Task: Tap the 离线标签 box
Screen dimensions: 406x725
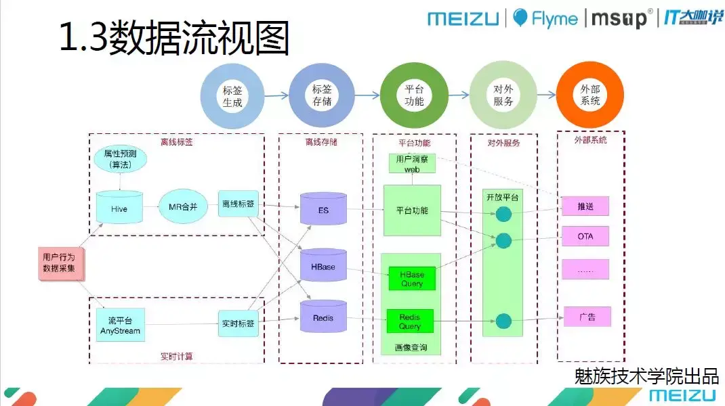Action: pyautogui.click(x=238, y=204)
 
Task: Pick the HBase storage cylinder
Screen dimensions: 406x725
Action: pyautogui.click(x=323, y=266)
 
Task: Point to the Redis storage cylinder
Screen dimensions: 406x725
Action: pyautogui.click(x=323, y=317)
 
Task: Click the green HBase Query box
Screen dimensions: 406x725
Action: pyautogui.click(x=411, y=279)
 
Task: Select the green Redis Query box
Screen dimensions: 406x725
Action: pyautogui.click(x=410, y=321)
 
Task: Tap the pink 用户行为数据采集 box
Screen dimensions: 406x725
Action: pyautogui.click(x=60, y=263)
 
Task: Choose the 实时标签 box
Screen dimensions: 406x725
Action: pyautogui.click(x=238, y=324)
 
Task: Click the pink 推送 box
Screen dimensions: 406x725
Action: pyautogui.click(x=585, y=206)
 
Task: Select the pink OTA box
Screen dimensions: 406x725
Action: pyautogui.click(x=585, y=237)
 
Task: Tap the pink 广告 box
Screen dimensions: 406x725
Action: pyautogui.click(x=587, y=317)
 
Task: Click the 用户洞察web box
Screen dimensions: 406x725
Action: pyautogui.click(x=413, y=163)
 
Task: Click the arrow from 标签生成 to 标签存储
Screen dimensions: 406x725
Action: pyautogui.click(x=276, y=96)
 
